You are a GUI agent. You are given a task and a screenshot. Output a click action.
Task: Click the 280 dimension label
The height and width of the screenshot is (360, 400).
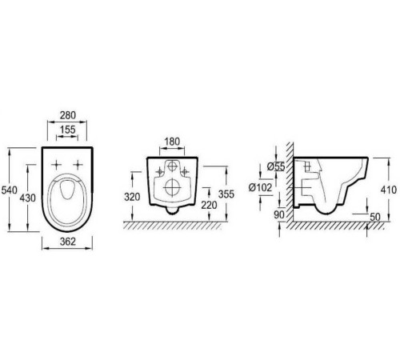pyautogui.click(x=68, y=115)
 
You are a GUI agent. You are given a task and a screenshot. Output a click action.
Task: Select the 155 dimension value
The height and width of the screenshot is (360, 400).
pyautogui.click(x=67, y=130)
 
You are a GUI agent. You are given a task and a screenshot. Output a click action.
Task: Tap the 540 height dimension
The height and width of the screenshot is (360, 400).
pyautogui.click(x=10, y=190)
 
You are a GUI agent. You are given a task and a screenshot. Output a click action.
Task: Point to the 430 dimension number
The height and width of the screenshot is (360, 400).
pyautogui.click(x=27, y=198)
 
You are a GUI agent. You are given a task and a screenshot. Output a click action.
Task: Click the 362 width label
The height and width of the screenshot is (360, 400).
pyautogui.click(x=68, y=242)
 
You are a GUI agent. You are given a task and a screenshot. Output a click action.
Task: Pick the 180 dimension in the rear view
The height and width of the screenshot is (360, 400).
pyautogui.click(x=172, y=142)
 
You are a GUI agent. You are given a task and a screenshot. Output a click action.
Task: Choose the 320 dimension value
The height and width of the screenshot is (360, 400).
pyautogui.click(x=132, y=197)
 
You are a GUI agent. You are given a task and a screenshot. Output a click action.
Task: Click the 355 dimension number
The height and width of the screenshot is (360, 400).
pyautogui.click(x=226, y=194)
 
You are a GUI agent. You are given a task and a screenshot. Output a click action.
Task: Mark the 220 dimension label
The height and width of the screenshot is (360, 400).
pyautogui.click(x=209, y=205)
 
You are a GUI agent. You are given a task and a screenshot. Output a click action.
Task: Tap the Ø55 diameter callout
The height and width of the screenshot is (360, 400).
pyautogui.click(x=276, y=166)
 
